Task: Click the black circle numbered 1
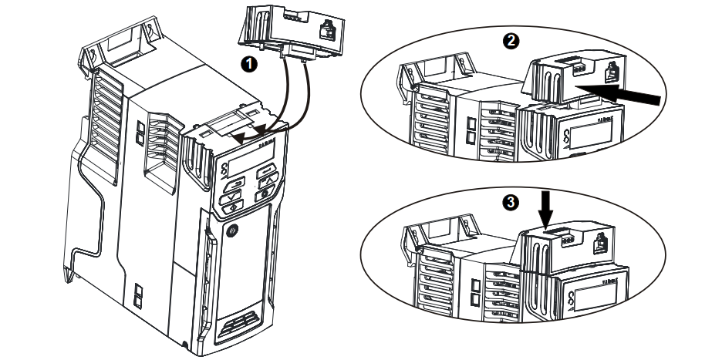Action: (248, 65)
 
